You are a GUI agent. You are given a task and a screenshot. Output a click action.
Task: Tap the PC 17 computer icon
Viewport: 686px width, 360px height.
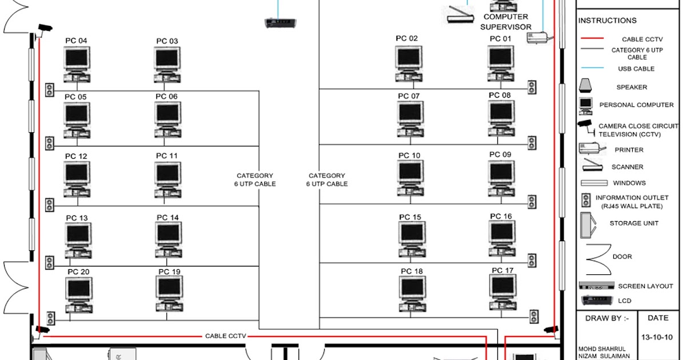point(502,294)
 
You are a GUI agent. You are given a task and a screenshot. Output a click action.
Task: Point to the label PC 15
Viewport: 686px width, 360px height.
point(410,217)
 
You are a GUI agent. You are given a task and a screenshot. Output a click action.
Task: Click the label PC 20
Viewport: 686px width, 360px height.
point(78,271)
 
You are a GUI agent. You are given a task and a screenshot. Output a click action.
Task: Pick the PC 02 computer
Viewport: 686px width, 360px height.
point(408,63)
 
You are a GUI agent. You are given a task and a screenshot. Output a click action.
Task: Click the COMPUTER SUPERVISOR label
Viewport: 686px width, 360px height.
point(506,22)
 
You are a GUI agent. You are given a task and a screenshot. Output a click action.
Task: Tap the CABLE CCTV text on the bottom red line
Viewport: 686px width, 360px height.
point(225,336)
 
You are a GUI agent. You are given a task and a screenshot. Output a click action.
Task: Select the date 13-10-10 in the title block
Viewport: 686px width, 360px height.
point(657,337)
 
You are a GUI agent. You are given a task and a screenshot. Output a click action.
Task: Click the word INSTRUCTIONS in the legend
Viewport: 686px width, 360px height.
point(607,21)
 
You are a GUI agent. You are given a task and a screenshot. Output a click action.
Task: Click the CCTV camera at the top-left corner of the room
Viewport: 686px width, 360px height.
point(43,29)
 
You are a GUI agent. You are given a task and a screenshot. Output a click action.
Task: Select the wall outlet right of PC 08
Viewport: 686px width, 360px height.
point(532,143)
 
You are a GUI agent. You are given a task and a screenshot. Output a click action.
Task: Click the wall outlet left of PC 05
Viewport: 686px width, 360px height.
point(50,142)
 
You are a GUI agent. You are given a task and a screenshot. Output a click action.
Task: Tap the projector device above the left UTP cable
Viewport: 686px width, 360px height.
point(280,23)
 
